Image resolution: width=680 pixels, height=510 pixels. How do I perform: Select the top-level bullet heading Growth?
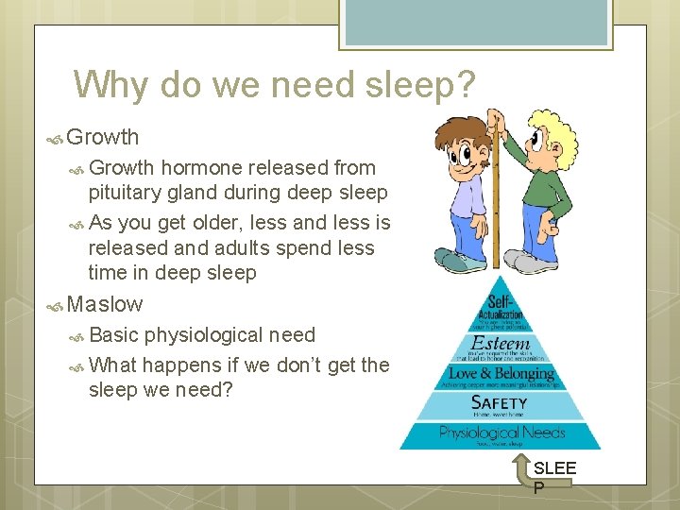click(x=103, y=137)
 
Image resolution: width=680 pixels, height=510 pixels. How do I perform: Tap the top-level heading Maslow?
click(x=105, y=304)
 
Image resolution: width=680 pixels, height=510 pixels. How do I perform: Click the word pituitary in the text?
click(x=127, y=193)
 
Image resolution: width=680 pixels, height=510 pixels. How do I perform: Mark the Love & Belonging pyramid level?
click(x=501, y=374)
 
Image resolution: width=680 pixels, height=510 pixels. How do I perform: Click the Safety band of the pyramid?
click(x=500, y=404)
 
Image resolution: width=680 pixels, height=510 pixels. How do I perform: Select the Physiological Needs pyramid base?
click(x=501, y=434)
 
